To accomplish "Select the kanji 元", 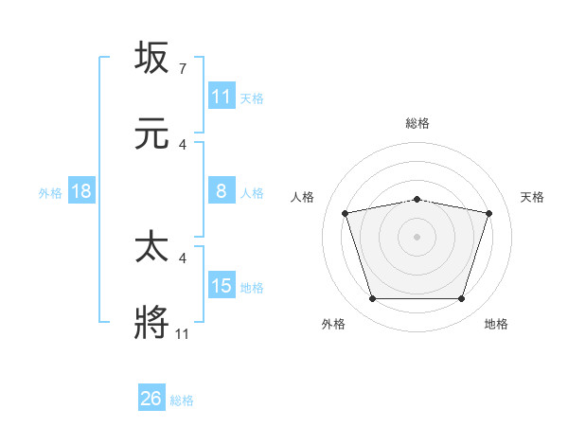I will (151, 133).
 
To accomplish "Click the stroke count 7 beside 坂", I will (182, 69).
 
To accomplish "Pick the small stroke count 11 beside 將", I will (182, 334).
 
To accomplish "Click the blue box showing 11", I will (222, 97).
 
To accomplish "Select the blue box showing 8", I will (222, 191).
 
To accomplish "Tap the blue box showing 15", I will (222, 286).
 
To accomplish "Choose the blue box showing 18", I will (81, 191).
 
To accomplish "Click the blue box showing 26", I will (151, 400).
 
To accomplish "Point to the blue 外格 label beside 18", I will (50, 192).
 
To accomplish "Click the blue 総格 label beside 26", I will (182, 400).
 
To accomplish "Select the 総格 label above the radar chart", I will (417, 123).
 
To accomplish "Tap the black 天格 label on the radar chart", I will (532, 197).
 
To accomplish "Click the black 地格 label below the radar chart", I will (496, 324).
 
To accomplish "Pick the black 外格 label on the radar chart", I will (333, 324).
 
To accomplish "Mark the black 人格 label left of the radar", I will (303, 197).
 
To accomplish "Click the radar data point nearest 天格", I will (488, 213).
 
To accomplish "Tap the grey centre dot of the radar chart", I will (417, 237).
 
